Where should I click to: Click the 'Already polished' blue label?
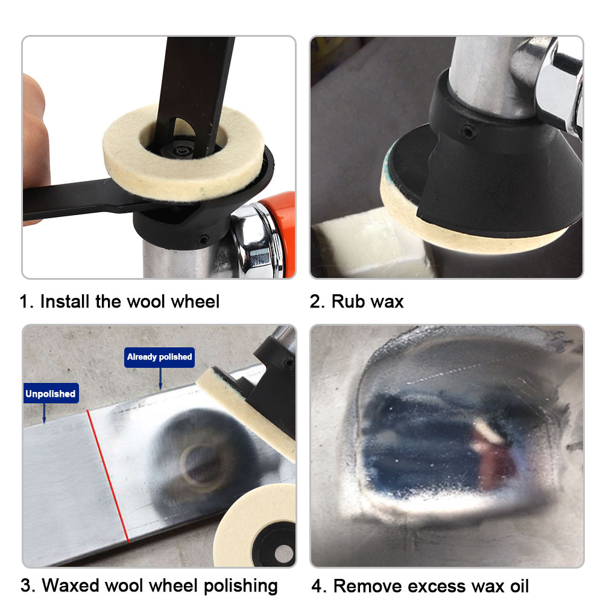(x=159, y=357)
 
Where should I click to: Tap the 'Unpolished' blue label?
(x=50, y=394)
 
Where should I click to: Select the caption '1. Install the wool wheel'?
(x=119, y=301)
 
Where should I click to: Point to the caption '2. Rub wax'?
(x=356, y=301)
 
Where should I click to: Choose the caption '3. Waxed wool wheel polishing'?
(x=149, y=585)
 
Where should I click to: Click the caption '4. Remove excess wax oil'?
(x=420, y=586)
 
